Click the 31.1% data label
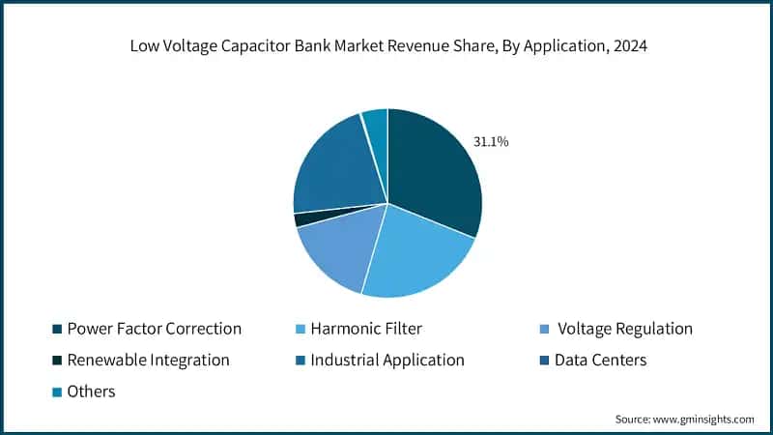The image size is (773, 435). [491, 142]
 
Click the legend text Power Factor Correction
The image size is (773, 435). [155, 329]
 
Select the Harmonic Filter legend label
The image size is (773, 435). [367, 329]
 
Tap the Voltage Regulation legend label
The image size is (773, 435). [625, 329]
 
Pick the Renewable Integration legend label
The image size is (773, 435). [149, 360]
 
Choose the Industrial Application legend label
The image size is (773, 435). [386, 360]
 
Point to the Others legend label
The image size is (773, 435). [92, 391]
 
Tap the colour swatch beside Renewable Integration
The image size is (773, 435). [56, 361]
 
